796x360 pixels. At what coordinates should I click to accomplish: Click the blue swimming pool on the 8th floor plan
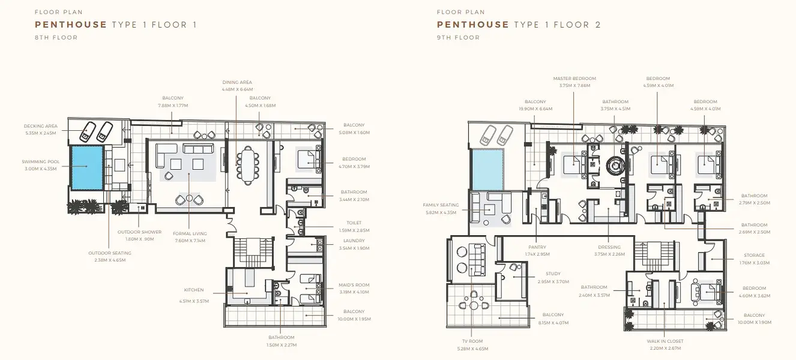tap(88, 167)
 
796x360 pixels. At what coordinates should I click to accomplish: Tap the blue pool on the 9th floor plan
tap(487, 170)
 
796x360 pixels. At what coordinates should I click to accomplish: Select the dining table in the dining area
tap(248, 166)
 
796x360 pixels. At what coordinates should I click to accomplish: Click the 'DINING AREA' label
tap(237, 82)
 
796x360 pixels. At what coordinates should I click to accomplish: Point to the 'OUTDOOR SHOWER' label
tap(139, 232)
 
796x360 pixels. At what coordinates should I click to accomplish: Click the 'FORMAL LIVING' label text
tap(190, 233)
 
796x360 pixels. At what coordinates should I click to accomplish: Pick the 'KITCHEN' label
tap(194, 290)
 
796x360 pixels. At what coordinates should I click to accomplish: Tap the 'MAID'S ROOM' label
tap(354, 285)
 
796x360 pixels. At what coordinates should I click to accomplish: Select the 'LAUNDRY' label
tap(354, 241)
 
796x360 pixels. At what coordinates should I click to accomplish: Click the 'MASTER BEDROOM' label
tap(574, 79)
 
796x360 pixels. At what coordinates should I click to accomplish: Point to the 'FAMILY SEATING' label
tap(441, 205)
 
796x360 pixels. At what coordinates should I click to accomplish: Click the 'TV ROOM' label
tap(472, 341)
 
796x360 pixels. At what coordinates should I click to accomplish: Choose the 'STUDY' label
tap(553, 274)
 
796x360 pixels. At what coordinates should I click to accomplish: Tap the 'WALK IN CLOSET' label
tap(665, 341)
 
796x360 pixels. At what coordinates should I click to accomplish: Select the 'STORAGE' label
tap(755, 255)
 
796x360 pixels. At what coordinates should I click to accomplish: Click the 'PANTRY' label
tap(537, 247)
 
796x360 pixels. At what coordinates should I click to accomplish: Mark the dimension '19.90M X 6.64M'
tap(535, 109)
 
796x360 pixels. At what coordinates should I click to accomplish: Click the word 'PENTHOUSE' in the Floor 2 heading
tap(473, 25)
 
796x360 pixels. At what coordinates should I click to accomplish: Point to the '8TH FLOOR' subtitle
tap(56, 37)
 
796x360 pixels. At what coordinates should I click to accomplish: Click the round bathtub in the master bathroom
tap(615, 165)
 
